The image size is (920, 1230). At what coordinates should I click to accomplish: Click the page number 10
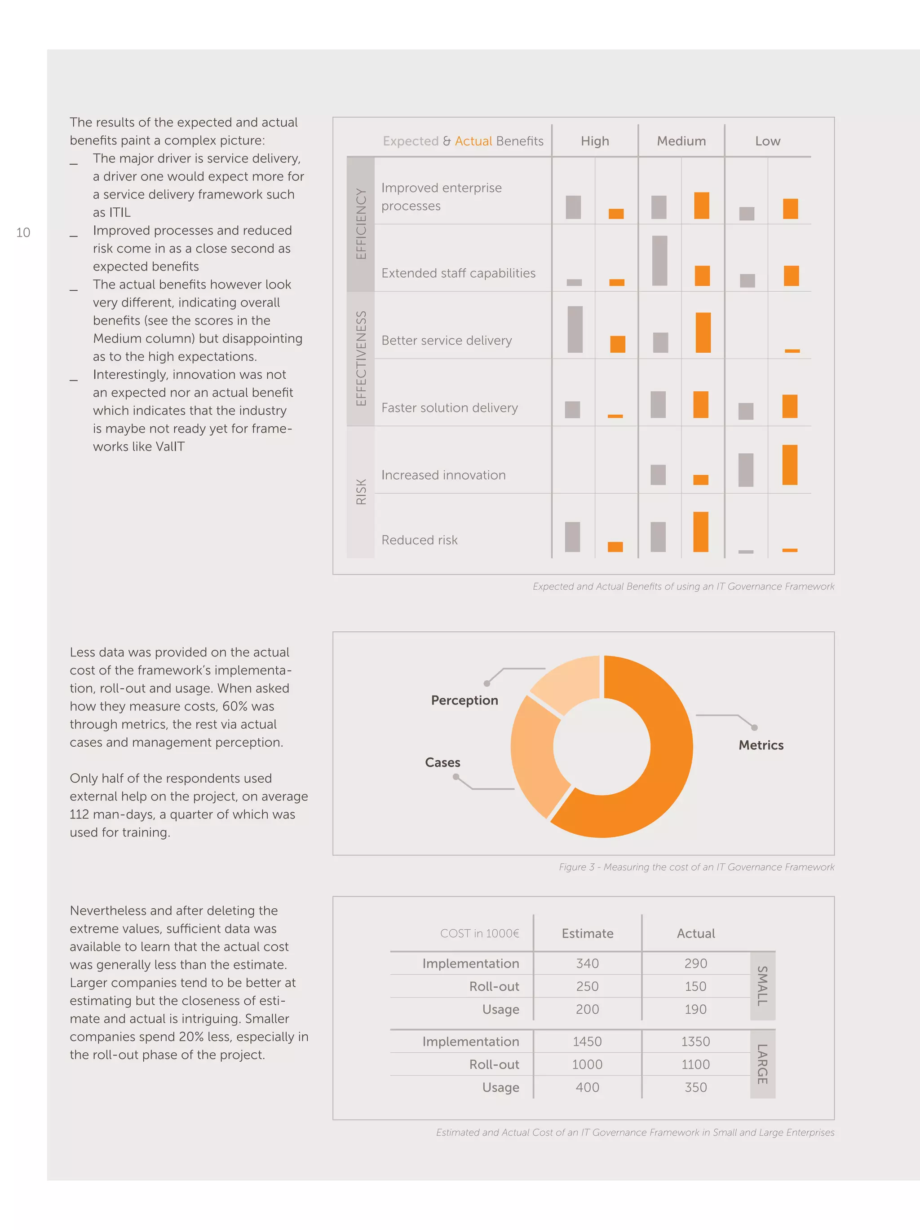point(23,233)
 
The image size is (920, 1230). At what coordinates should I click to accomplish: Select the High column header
point(594,141)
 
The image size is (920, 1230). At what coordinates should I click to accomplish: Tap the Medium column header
point(681,141)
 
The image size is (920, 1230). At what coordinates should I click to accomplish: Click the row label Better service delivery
point(447,340)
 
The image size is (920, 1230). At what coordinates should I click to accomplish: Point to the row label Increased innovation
point(443,475)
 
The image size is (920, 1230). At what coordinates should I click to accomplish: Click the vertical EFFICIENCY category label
point(361,224)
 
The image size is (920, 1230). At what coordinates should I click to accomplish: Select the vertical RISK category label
point(361,491)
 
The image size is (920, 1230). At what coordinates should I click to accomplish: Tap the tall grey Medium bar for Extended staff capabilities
point(659,260)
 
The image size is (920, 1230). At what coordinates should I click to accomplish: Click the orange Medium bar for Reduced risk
point(700,532)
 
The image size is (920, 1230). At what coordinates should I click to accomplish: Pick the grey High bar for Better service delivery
point(575,329)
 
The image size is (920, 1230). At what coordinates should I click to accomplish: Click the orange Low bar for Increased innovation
point(789,465)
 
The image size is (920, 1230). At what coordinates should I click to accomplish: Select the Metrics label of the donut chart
point(760,745)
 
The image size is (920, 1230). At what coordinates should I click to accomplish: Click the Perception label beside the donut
point(464,700)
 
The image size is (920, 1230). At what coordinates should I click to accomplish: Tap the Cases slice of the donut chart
point(534,756)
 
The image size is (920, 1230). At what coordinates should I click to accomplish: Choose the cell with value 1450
point(587,1042)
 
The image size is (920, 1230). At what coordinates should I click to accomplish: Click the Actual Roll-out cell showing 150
point(695,986)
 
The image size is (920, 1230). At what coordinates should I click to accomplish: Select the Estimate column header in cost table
point(587,934)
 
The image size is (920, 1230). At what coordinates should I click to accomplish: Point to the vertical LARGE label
point(762,1064)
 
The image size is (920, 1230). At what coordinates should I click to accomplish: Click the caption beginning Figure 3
point(696,867)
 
